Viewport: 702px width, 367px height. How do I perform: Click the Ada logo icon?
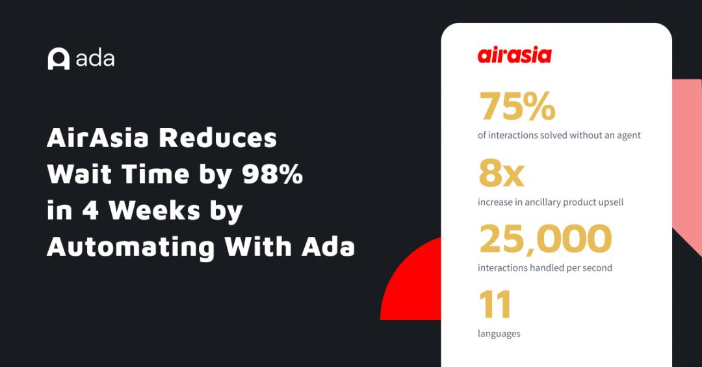58,59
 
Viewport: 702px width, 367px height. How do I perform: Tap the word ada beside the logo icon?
95,59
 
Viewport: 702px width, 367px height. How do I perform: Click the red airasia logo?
514,55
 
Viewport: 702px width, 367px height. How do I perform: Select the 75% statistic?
517,106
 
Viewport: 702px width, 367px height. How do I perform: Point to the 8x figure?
501,172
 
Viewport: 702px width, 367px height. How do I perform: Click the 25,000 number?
545,239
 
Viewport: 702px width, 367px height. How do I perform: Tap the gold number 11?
495,305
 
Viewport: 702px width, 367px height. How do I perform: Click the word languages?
499,334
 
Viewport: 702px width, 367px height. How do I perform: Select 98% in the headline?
272,174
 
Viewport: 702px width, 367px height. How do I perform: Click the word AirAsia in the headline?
97,137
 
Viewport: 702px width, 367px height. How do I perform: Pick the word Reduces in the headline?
218,137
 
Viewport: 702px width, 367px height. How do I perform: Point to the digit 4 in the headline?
90,210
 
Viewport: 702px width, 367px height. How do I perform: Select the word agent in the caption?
629,135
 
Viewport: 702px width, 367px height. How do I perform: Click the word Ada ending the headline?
328,247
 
